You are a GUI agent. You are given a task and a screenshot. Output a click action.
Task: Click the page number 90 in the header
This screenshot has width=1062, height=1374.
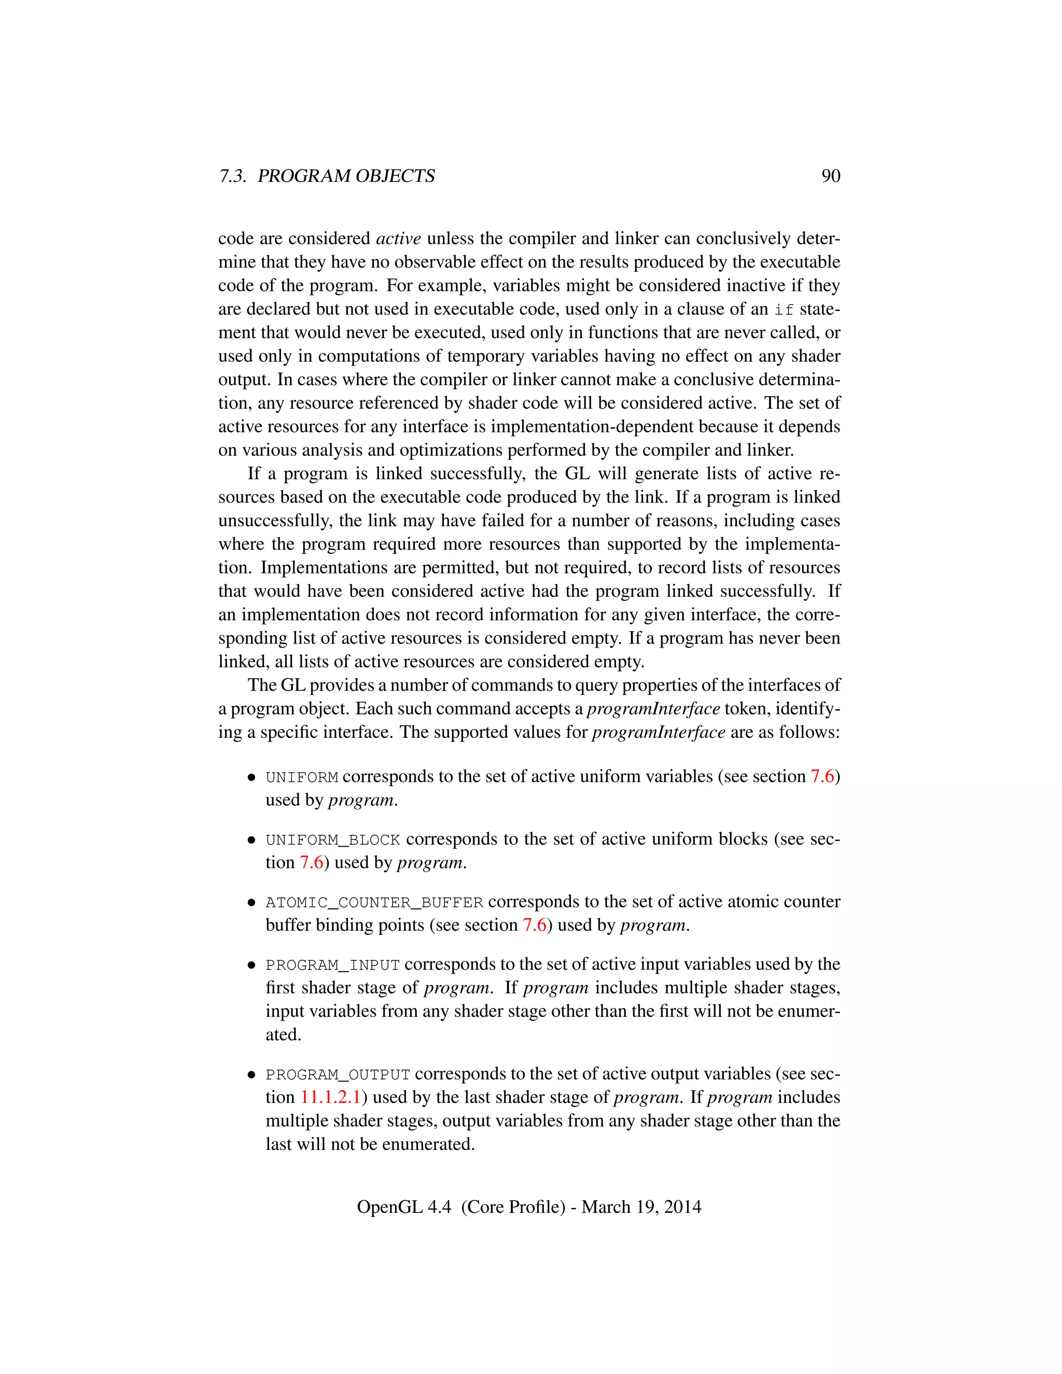[x=831, y=176]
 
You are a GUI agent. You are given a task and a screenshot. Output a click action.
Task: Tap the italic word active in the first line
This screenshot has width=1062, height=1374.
[x=398, y=239]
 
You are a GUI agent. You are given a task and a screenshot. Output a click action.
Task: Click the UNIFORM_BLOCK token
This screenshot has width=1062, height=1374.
[x=333, y=840]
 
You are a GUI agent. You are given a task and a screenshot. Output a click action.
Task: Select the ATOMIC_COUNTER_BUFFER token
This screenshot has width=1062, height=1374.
[x=374, y=903]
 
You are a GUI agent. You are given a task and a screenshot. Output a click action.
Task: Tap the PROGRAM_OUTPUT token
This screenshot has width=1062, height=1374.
[x=338, y=1074]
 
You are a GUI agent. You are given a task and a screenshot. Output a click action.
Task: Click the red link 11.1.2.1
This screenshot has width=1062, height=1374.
[x=331, y=1098]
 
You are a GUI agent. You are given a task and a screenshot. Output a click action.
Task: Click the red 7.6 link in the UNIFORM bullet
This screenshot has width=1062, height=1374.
[x=822, y=777]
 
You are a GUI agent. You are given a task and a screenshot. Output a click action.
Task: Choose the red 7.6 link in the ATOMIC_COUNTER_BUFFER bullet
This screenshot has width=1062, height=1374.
[x=534, y=926]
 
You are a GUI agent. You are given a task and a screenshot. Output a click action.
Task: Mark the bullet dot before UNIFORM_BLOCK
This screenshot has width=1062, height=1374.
[x=251, y=840]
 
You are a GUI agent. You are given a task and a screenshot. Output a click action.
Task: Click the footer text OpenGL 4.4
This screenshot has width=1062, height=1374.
[x=404, y=1207]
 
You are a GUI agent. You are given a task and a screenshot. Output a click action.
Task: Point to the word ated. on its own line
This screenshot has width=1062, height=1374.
[x=283, y=1035]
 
